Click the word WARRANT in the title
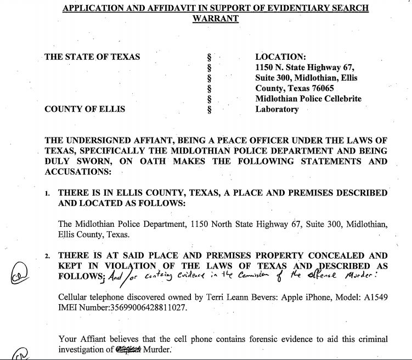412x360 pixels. tap(215, 18)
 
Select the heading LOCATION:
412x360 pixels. tap(280, 56)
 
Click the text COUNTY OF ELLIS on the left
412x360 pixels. tap(84, 109)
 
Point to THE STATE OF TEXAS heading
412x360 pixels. tap(92, 56)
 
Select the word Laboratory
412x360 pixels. tap(277, 109)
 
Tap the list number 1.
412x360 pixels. tap(48, 193)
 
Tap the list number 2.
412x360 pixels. tap(48, 256)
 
